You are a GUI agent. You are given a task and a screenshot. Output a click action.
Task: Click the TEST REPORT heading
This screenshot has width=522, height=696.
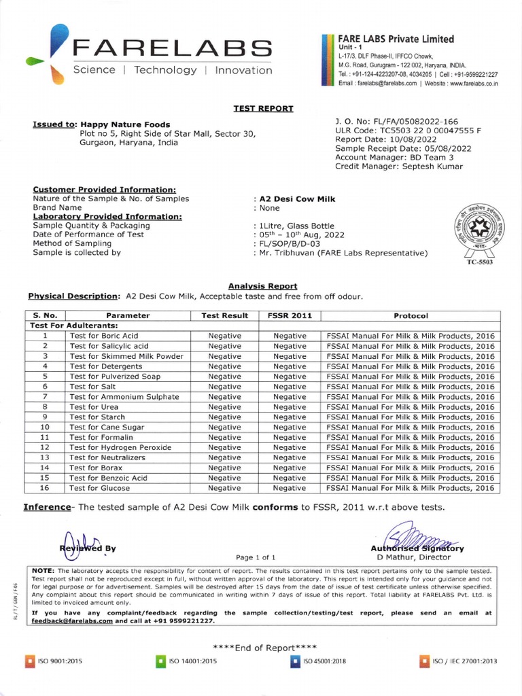pyautogui.click(x=263, y=108)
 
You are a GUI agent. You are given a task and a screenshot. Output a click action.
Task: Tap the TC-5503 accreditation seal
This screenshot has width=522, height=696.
pyautogui.click(x=479, y=231)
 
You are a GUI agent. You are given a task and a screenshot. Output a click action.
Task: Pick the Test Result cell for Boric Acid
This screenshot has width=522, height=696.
pyautogui.click(x=224, y=336)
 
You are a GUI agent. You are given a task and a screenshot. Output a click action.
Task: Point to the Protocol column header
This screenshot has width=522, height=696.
pyautogui.click(x=411, y=316)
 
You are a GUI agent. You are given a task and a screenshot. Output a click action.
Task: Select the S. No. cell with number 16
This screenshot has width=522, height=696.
pyautogui.click(x=45, y=488)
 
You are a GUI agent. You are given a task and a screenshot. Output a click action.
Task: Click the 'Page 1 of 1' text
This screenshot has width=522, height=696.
pyautogui.click(x=256, y=557)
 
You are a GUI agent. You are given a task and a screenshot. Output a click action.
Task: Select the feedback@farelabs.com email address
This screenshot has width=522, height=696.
pyautogui.click(x=72, y=621)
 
